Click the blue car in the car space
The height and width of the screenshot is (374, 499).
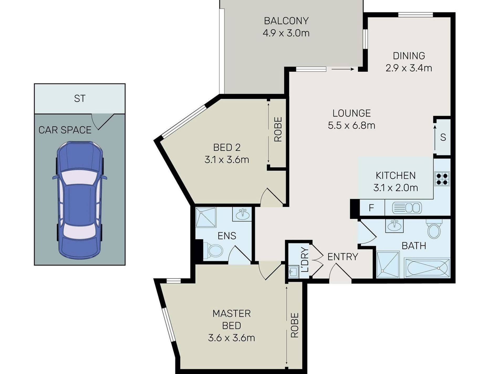80,199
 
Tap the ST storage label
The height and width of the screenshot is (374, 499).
80,99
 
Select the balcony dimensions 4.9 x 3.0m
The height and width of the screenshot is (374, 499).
286,33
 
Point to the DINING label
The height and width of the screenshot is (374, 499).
409,56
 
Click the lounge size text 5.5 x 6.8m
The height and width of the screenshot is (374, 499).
351,125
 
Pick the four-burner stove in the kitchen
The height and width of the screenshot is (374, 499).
442,179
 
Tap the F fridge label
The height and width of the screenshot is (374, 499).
371,208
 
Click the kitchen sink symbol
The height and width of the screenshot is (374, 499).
407,208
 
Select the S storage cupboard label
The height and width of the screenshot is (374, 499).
443,137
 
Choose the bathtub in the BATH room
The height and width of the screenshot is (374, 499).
427,268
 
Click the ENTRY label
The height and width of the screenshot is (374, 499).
343,256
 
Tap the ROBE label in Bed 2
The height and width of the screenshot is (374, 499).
278,129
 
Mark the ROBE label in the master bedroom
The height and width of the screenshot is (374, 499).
295,325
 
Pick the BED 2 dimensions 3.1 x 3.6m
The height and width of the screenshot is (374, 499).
227,160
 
